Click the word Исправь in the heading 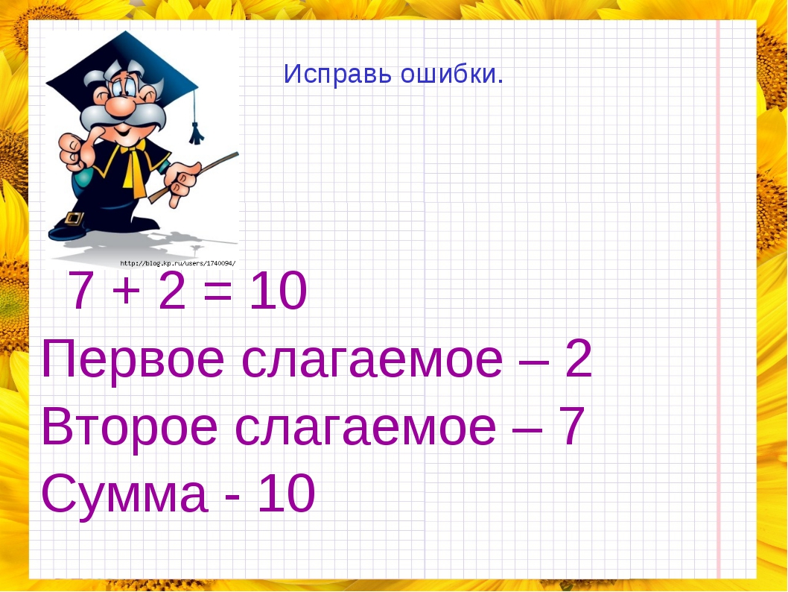pos(338,74)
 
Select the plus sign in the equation pos(124,294)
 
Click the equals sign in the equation pos(217,294)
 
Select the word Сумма pos(124,494)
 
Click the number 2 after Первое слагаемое pos(578,360)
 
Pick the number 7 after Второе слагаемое pos(570,427)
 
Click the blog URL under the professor pos(177,262)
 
